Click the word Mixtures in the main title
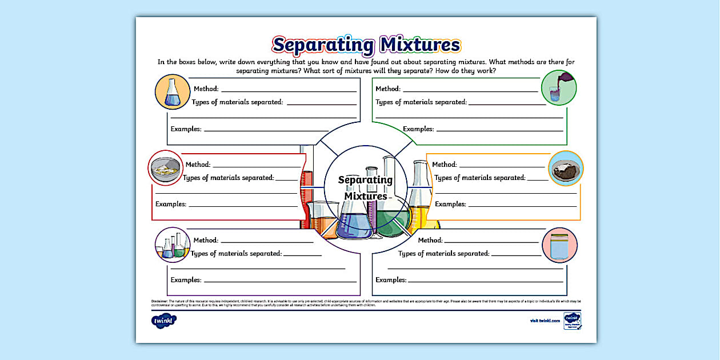tap(419, 45)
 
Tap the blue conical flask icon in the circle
tap(173, 92)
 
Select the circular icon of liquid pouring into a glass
tap(558, 87)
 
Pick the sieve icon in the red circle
tap(166, 168)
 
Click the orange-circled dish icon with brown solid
tap(566, 169)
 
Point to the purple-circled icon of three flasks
tap(173, 245)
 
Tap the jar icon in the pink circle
tap(559, 245)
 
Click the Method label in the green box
tap(388, 89)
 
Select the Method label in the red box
tap(198, 165)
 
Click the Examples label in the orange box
tap(450, 204)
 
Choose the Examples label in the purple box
tap(186, 280)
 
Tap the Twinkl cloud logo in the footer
tap(165, 321)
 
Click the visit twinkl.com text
tap(543, 321)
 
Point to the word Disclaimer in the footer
tap(159, 301)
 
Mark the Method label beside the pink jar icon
tap(430, 241)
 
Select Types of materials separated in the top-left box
tap(238, 102)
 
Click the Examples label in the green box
tap(418, 129)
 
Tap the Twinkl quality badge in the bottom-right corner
tap(572, 320)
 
